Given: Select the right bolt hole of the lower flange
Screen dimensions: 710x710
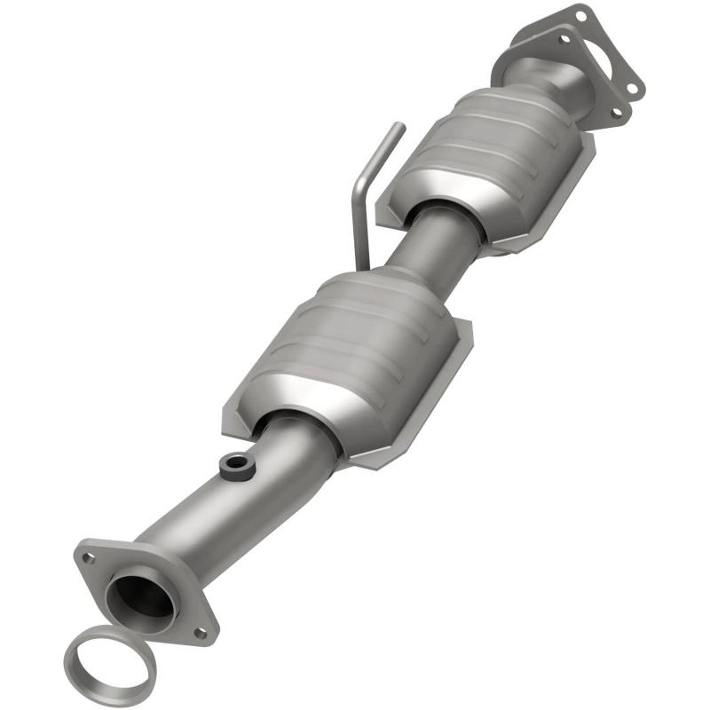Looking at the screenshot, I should (201, 632).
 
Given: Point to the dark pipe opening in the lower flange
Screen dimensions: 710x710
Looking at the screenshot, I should (139, 596).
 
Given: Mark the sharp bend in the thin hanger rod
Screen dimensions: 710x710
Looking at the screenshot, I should (356, 183).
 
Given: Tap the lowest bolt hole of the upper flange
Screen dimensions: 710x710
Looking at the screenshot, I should (615, 113).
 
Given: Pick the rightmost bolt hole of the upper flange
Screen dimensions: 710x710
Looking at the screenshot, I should (633, 87).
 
